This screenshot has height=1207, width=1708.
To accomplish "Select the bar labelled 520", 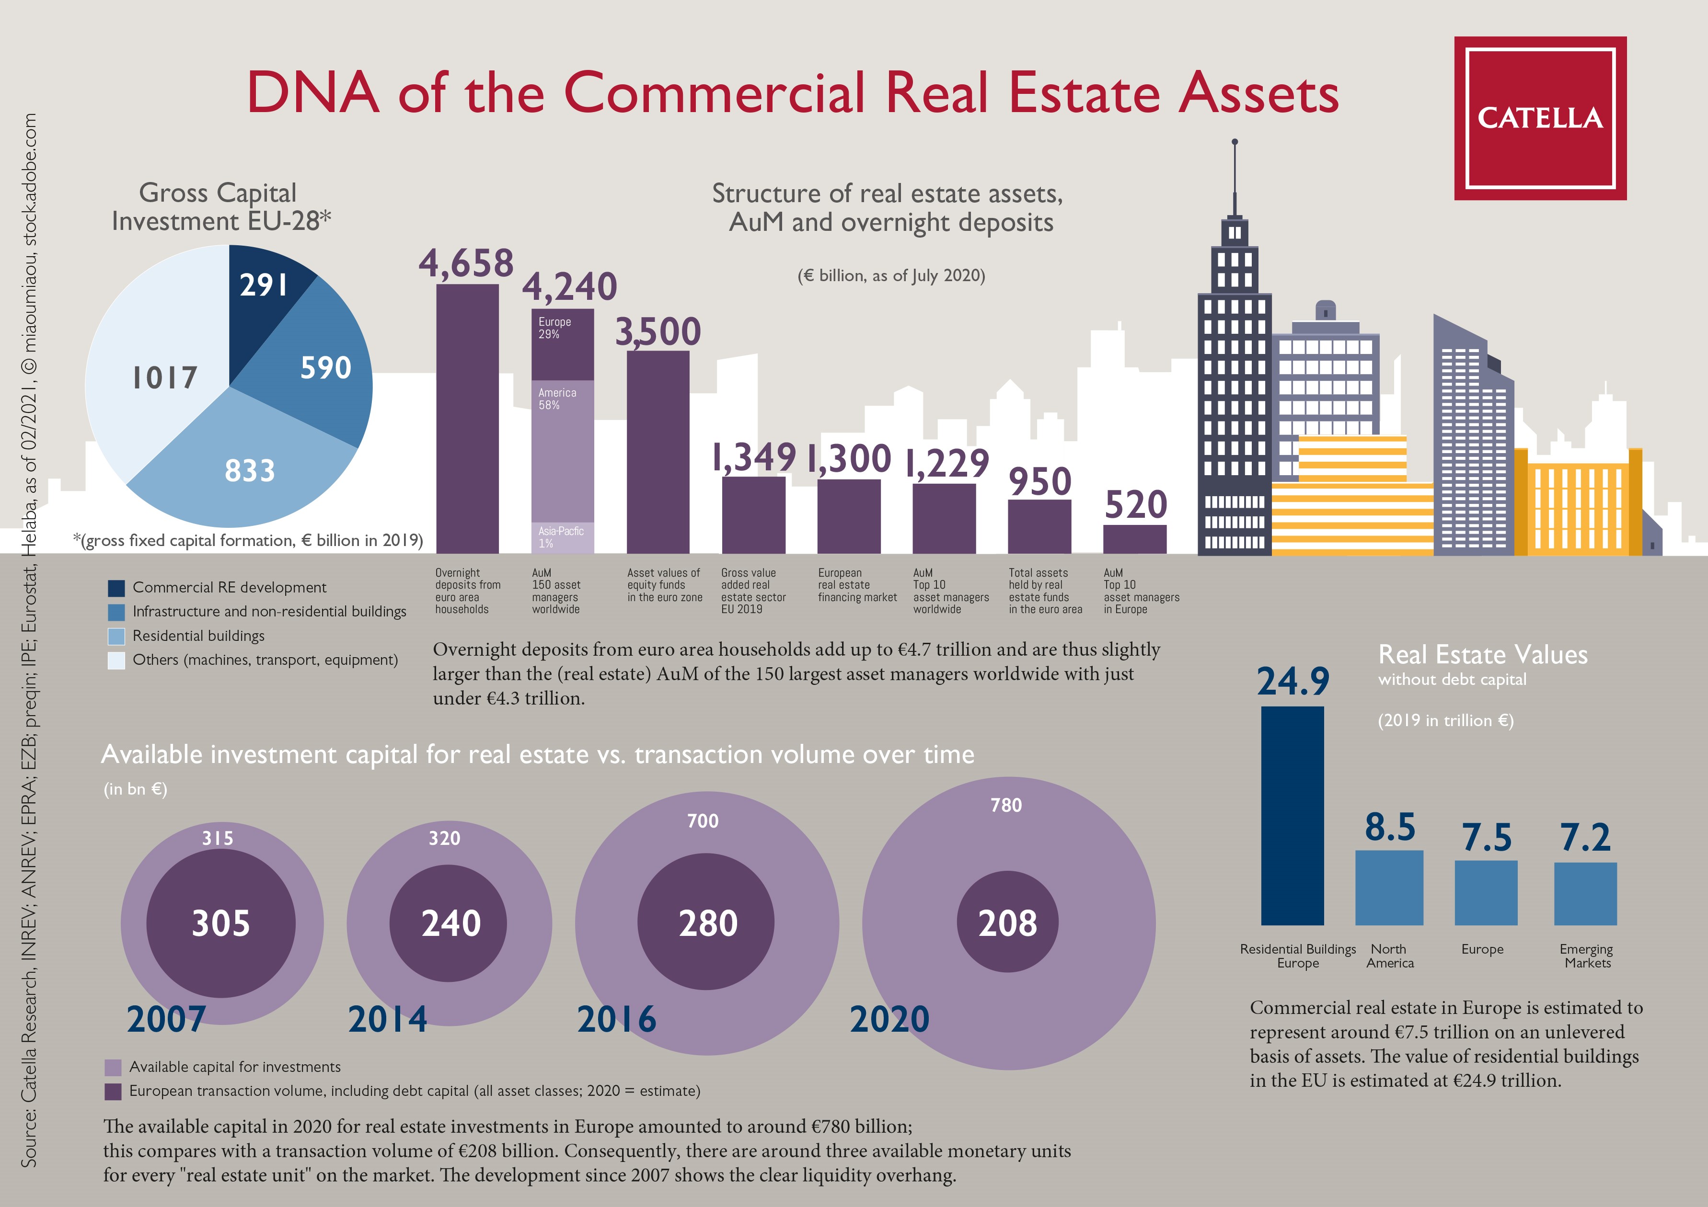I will coord(1134,539).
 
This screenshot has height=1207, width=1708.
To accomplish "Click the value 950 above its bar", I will coord(1039,481).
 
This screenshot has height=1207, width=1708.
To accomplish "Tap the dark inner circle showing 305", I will coord(221,923).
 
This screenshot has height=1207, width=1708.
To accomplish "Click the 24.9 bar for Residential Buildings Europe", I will coord(1292,815).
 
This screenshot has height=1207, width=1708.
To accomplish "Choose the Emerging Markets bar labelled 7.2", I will coord(1585,893).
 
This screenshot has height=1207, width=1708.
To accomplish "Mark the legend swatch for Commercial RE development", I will coord(116,588).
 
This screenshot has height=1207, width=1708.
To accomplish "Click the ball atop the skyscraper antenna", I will coord(1235,141).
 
